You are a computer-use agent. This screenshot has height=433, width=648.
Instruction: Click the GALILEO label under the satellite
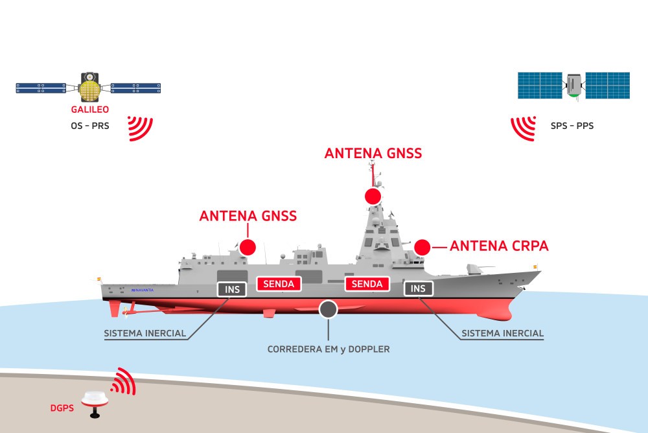point(89,110)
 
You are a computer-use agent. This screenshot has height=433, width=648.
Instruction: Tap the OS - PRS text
point(89,125)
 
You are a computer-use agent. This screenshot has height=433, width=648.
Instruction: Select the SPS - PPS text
point(572,125)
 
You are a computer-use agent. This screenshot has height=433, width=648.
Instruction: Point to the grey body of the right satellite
point(574,86)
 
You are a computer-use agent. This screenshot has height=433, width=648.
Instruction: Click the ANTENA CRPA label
point(499,246)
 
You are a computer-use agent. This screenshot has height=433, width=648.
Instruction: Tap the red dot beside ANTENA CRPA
point(422,247)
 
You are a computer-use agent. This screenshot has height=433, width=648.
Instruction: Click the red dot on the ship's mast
point(373,196)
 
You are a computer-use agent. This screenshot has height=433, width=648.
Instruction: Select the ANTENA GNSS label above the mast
point(373,154)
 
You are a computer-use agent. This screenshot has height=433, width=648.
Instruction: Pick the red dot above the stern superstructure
point(248,247)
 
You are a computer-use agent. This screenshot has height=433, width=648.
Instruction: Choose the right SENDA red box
point(367,284)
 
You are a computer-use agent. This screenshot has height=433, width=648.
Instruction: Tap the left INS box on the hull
point(232,289)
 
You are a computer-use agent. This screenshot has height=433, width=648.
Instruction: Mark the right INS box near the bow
point(419,288)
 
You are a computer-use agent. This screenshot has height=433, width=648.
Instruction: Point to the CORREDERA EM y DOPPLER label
point(329,349)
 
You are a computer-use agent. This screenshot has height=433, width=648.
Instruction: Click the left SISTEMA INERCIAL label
point(145,334)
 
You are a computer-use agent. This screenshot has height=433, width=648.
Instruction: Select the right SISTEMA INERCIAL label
point(502,334)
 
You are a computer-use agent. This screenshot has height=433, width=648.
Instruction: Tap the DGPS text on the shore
point(62,408)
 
